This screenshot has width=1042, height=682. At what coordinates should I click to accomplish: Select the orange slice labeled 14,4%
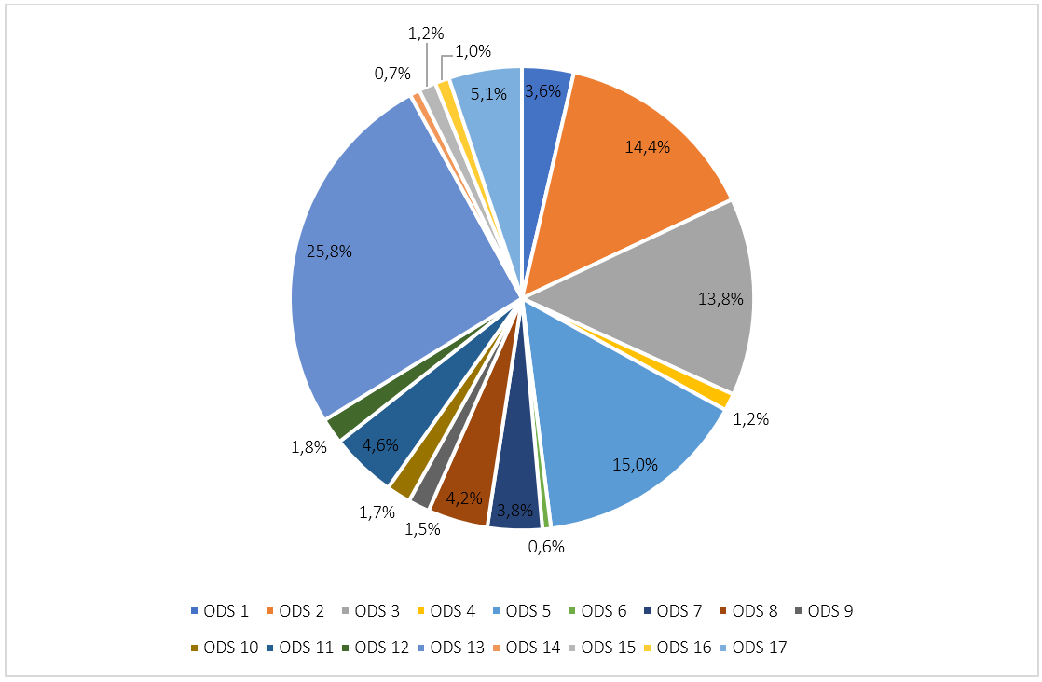(634, 158)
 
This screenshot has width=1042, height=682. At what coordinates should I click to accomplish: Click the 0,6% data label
(546, 547)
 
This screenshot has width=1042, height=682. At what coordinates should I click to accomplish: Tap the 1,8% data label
(308, 447)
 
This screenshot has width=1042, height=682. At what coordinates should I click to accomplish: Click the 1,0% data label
(473, 51)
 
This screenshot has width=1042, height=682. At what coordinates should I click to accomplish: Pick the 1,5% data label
(423, 529)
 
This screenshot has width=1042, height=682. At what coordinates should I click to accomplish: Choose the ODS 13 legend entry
(450, 648)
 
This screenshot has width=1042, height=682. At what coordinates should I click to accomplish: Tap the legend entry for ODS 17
(753, 648)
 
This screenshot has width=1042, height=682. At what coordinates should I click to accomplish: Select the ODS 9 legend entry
(823, 611)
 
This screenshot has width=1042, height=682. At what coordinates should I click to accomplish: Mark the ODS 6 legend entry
(596, 611)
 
